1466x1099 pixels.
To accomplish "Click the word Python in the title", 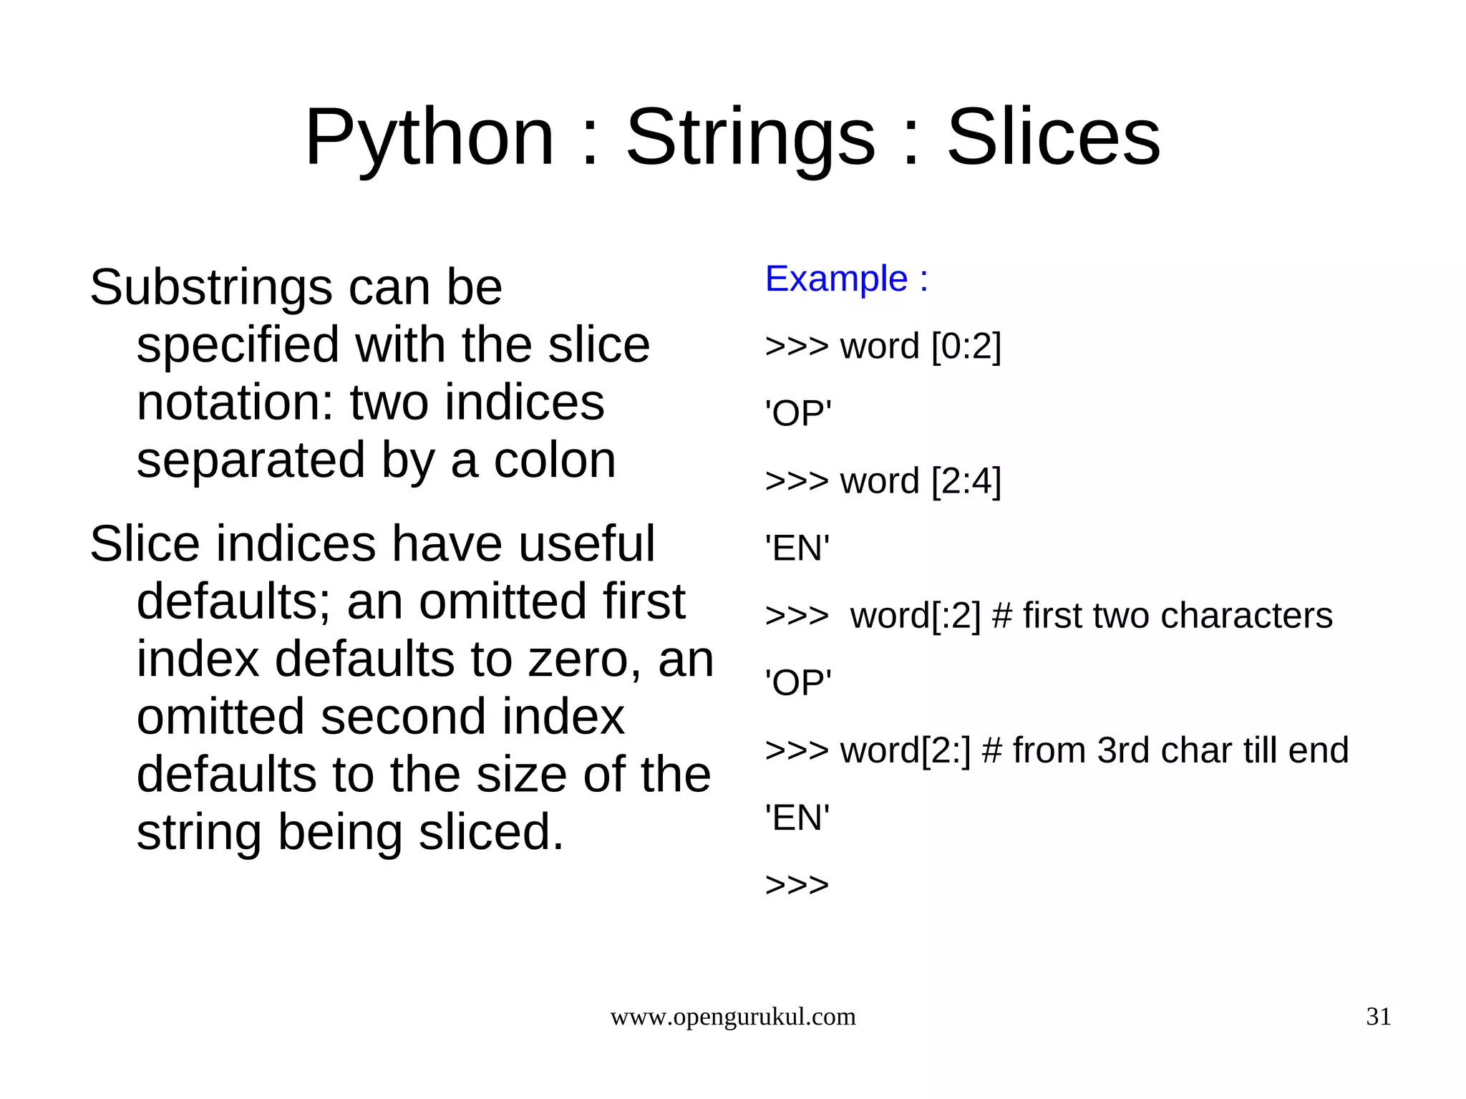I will point(429,137).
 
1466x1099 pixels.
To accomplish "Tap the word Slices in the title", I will point(1054,137).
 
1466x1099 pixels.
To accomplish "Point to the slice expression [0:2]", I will point(966,347).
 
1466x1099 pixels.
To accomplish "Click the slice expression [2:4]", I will point(966,481).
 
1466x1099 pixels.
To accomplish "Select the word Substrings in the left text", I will point(211,288).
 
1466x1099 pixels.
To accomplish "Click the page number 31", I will point(1379,1017).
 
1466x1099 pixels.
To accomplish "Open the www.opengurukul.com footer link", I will point(732,1017).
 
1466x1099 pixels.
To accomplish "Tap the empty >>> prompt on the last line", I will point(797,886).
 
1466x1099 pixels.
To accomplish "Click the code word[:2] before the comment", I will point(915,616).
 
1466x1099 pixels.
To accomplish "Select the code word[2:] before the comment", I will point(905,751).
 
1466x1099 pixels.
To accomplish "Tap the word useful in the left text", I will point(586,544).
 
